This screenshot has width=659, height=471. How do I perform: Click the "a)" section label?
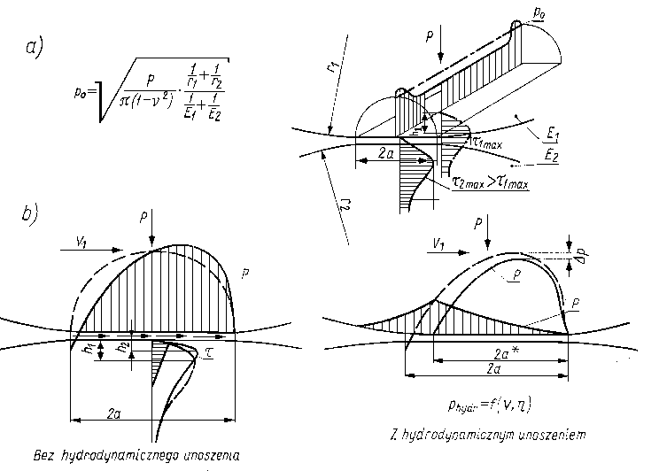pos(36,49)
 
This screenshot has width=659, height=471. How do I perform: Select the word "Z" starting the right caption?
pos(392,435)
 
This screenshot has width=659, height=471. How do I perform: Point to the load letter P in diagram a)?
pos(429,38)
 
